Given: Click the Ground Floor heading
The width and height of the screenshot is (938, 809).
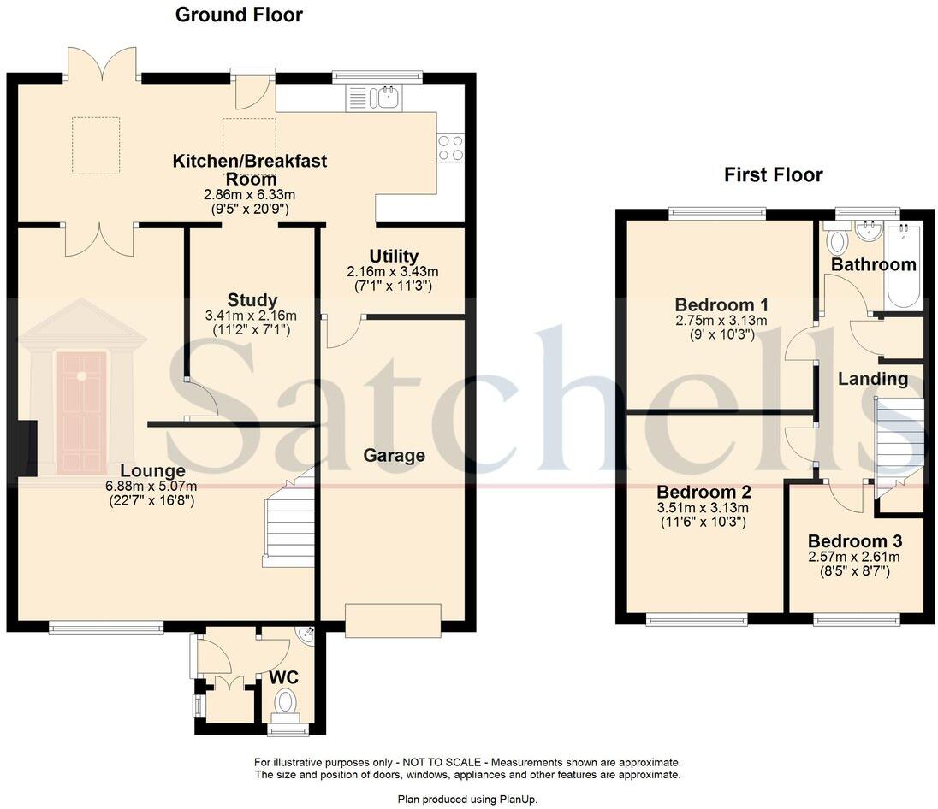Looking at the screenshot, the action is (239, 15).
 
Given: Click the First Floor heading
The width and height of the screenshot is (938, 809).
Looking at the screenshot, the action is (774, 174).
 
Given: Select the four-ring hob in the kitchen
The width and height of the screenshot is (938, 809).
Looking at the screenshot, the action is (450, 147).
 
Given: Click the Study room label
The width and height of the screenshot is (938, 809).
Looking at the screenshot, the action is (252, 299).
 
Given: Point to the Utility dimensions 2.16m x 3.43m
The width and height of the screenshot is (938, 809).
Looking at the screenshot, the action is (393, 271).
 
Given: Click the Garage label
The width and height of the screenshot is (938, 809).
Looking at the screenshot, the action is (395, 456).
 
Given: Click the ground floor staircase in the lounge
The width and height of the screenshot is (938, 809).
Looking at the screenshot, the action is (289, 517).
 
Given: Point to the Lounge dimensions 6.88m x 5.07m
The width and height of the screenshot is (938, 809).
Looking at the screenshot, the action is (151, 487).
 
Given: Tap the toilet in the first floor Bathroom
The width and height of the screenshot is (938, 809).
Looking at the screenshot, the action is (836, 240).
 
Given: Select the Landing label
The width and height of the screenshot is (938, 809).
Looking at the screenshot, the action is (873, 379).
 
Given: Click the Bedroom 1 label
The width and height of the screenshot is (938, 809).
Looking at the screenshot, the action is (721, 305).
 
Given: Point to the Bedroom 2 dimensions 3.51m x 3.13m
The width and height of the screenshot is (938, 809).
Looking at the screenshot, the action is (703, 508).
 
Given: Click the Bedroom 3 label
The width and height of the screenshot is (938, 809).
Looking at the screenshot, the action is (855, 541).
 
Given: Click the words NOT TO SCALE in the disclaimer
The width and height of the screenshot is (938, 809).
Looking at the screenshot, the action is (442, 762).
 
